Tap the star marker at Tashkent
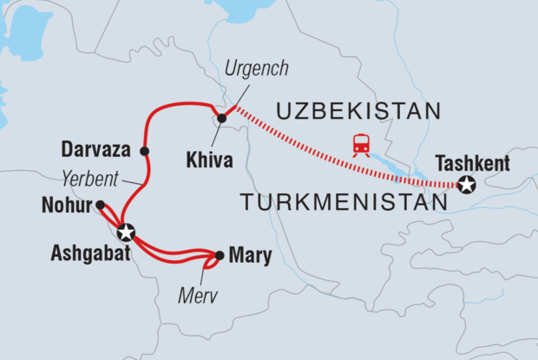point(468,185)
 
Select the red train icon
point(361,145)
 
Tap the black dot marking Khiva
point(222,118)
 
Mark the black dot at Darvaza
point(144,151)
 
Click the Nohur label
point(66,206)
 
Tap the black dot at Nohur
point(101,205)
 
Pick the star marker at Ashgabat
point(126,232)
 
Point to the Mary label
point(250,255)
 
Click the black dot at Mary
point(220,255)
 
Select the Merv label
point(196,296)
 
